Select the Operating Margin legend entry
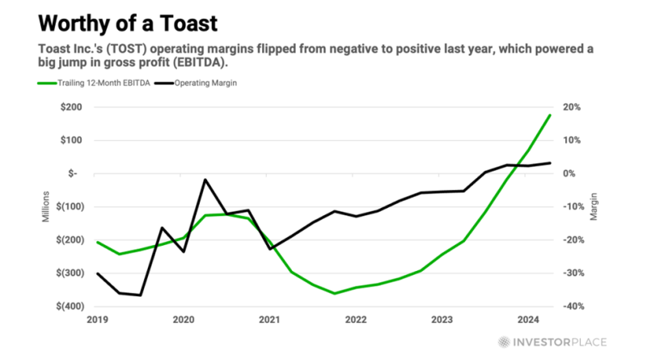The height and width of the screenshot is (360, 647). [201, 83]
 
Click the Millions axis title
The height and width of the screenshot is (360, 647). [46, 206]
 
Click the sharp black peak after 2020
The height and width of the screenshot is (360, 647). [205, 180]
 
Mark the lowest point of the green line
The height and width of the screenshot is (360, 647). [334, 294]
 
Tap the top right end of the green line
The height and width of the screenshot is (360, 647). [550, 115]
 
